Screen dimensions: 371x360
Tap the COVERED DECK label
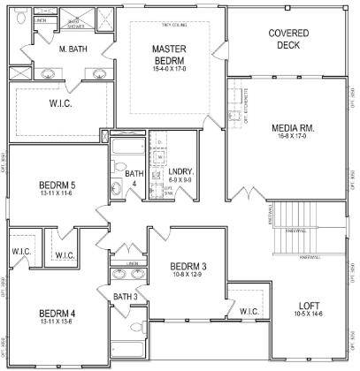click(x=288, y=39)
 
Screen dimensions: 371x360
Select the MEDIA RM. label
click(x=294, y=129)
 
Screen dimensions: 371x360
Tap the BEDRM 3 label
click(x=188, y=266)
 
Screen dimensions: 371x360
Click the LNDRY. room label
click(x=180, y=170)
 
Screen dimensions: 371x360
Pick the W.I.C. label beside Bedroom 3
click(x=249, y=311)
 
